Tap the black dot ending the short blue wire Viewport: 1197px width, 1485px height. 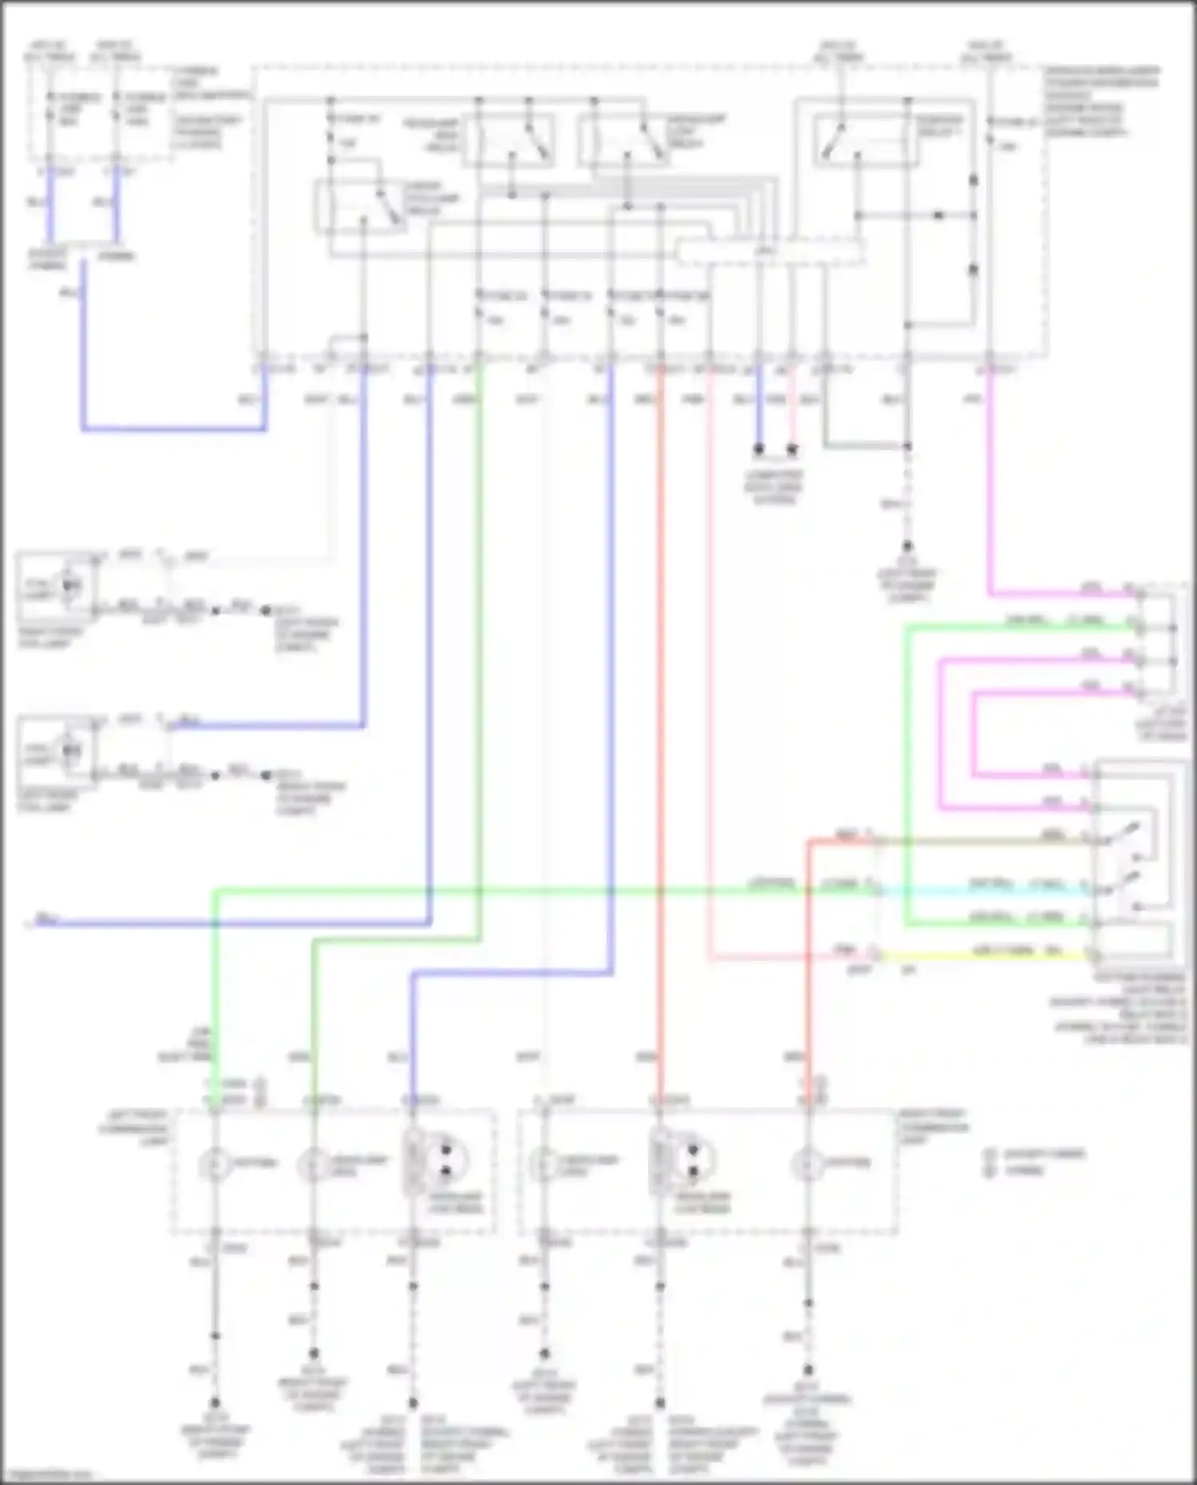(x=759, y=449)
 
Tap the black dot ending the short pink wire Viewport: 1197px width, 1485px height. (x=792, y=449)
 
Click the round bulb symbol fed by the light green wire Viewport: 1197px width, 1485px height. (x=214, y=1166)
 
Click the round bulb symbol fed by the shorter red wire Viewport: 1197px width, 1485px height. (x=808, y=1166)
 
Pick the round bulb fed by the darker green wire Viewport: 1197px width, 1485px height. (x=313, y=1166)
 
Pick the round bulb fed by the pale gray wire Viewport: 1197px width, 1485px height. (x=544, y=1166)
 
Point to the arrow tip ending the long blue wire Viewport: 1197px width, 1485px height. (x=30, y=924)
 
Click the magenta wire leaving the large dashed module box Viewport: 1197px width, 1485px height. (x=990, y=479)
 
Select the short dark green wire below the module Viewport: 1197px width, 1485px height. (x=866, y=445)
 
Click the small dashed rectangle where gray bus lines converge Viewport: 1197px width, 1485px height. (x=770, y=252)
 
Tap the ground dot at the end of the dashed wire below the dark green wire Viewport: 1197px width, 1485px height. (x=907, y=547)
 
